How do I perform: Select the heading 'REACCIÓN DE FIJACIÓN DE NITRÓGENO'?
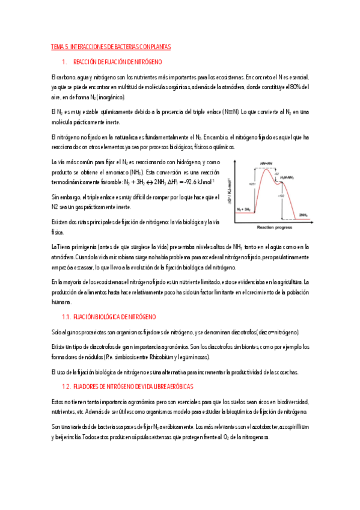[117, 63]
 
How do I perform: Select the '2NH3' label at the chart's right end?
[304, 215]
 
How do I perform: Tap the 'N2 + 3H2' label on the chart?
[243, 209]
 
